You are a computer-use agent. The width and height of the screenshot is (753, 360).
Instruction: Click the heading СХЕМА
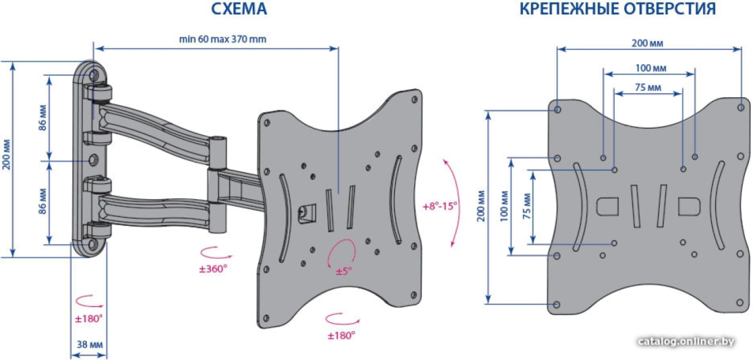tap(239, 9)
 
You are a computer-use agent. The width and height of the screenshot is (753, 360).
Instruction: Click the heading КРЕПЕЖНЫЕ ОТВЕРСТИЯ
tap(618, 9)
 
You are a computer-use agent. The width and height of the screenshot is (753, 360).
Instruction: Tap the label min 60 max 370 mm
tap(223, 40)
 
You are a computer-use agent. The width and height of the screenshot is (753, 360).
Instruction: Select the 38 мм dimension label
tap(89, 345)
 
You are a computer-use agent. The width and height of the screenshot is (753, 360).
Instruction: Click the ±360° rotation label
tap(213, 269)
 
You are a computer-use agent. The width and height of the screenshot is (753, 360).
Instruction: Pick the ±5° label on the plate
tap(344, 271)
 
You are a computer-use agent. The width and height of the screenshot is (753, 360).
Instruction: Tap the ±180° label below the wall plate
tap(89, 318)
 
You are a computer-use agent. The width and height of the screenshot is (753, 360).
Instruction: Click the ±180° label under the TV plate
tap(342, 335)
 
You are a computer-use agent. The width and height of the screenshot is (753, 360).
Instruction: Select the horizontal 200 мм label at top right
tap(647, 43)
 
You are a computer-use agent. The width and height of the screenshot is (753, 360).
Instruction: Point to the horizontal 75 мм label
tap(648, 88)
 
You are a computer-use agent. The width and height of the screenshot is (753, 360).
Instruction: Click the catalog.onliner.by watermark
tap(687, 342)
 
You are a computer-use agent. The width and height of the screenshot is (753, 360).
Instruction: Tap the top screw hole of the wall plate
tap(93, 75)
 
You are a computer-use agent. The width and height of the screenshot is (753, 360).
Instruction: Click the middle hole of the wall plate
tap(93, 158)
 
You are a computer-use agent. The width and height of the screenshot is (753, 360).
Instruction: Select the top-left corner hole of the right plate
tap(557, 110)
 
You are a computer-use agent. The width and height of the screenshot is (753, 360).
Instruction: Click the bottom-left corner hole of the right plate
tap(557, 305)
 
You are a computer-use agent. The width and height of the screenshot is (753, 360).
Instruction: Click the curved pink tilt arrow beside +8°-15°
tap(455, 202)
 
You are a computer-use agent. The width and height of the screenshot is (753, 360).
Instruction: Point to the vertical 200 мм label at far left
tap(5, 157)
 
